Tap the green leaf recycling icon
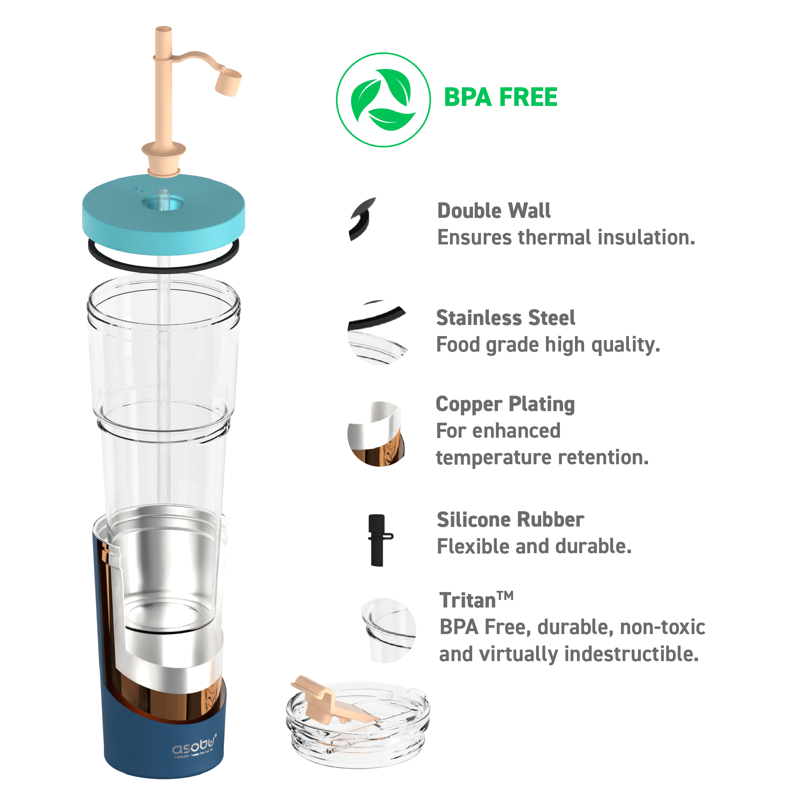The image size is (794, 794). click(x=383, y=100)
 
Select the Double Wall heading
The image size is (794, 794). click(x=494, y=211)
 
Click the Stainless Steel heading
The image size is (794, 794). click(x=506, y=318)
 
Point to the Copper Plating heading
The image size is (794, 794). click(x=505, y=404)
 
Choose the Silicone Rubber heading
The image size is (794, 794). click(x=510, y=520)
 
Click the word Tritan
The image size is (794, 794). click(x=468, y=601)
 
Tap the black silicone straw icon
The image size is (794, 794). click(x=378, y=540)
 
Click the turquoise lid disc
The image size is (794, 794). click(x=163, y=224)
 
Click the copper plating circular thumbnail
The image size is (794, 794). click(x=376, y=434)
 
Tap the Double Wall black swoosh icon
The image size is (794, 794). click(x=361, y=219)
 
